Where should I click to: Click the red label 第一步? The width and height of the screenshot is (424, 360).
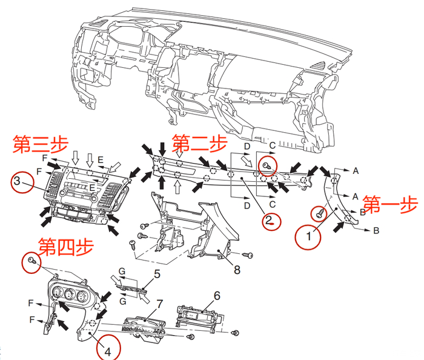point(390,205)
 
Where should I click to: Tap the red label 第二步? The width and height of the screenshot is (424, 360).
point(199,143)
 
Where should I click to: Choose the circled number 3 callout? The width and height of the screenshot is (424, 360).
point(22,182)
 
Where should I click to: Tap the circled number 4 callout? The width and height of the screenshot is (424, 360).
point(108,348)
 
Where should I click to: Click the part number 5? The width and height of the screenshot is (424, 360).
point(157,274)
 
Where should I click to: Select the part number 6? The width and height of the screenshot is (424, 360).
point(217,296)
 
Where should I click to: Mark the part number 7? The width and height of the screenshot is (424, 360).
point(159,304)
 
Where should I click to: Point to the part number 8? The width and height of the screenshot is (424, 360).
point(237,270)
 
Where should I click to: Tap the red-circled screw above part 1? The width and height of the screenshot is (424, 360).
point(320,213)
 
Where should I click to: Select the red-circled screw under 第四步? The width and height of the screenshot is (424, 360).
point(31,262)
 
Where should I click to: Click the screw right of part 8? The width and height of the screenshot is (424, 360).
point(248,255)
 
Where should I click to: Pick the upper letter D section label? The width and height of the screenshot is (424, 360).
point(247,146)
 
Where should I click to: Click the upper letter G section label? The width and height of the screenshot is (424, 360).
point(122,271)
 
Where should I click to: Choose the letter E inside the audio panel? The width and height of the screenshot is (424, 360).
point(92,187)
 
